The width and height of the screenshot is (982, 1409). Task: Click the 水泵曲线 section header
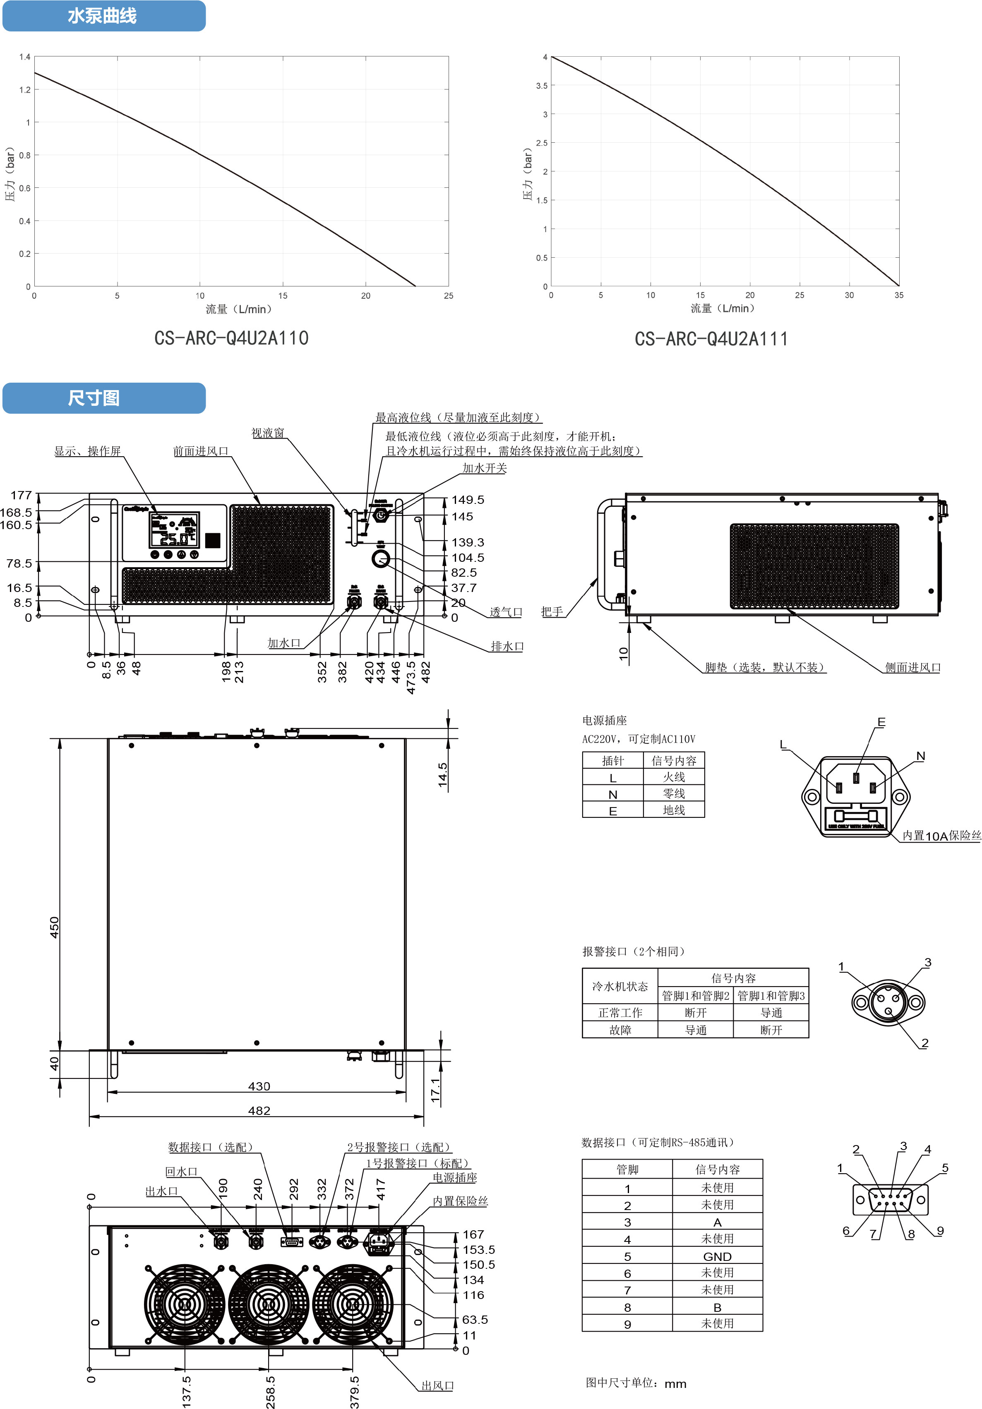point(103,16)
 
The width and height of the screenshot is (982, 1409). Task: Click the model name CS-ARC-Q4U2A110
point(231,338)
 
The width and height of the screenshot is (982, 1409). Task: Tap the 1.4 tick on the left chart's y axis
point(24,57)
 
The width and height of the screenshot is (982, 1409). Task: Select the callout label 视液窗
point(268,433)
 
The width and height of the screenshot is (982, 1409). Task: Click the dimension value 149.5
point(468,500)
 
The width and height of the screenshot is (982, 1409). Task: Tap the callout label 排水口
point(507,646)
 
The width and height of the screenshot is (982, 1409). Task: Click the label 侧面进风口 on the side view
point(912,668)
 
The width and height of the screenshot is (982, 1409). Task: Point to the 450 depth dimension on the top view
point(55,927)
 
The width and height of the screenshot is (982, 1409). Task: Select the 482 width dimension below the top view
point(259,1111)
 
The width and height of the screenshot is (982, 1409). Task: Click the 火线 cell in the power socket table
point(673,777)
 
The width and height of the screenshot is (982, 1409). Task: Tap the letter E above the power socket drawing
point(881,722)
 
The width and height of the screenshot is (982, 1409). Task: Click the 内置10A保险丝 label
point(941,836)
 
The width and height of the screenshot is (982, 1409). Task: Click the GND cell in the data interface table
point(717,1257)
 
